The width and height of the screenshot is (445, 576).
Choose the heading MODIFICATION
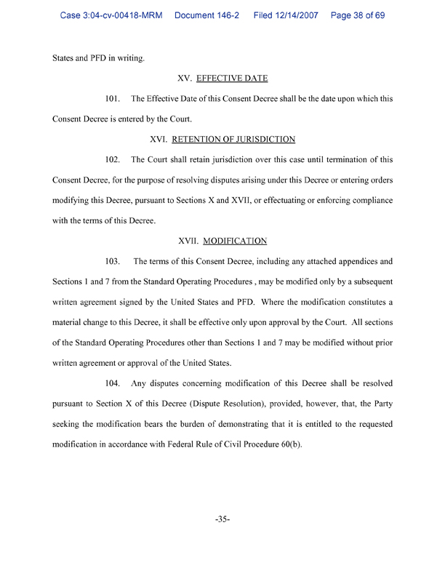tap(236, 240)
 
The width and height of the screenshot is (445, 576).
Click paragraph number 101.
tap(114, 99)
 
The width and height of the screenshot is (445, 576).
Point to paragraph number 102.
tap(114, 159)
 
